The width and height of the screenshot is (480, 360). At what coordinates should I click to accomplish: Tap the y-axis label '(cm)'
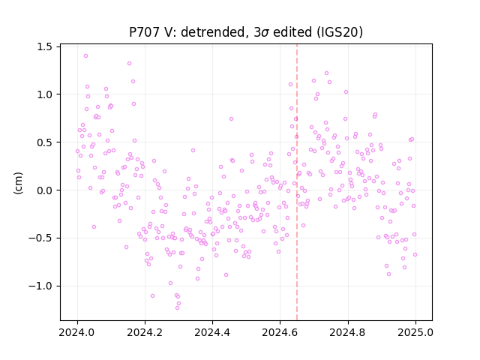coord(18,183)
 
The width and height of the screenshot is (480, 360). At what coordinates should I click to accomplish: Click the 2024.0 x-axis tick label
coord(77,332)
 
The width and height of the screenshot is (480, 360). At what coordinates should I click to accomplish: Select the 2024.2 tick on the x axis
coord(145,332)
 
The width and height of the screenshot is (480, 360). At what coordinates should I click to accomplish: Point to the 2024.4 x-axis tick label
coord(212,332)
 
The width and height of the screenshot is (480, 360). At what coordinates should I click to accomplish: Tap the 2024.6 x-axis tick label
coord(280,332)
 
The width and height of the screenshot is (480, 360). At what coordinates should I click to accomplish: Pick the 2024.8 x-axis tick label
coord(348,332)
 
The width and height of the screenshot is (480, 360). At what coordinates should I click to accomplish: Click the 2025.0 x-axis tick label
coord(415,332)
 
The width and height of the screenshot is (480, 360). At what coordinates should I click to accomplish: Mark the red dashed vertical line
coord(297,182)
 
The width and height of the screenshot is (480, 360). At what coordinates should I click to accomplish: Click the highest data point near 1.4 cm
coord(85,56)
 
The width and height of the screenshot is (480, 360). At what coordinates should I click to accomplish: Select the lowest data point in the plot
coord(177,307)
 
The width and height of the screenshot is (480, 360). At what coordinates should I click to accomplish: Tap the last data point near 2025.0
coord(415,255)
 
